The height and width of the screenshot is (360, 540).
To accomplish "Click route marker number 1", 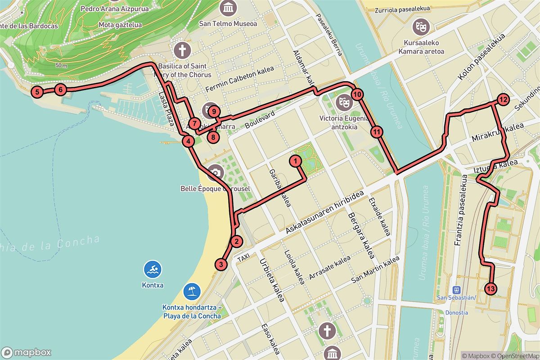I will coord(295,160).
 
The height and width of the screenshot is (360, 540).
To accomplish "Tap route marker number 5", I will coord(37,93).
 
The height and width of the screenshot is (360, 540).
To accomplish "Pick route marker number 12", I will coord(503,99).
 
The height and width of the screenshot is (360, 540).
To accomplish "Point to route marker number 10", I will coord(357,94).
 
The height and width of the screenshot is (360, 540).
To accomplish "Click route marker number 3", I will coord(220,264).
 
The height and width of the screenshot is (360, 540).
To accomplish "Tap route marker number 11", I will coord(377,132).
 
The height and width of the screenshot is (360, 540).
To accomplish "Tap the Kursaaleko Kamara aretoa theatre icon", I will coord(421,27).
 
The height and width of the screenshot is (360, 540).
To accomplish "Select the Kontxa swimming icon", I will coord(153,270).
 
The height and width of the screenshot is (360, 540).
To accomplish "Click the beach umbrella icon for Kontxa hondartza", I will coord(192,291).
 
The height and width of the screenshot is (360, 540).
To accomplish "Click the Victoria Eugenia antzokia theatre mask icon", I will coord(345,102).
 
